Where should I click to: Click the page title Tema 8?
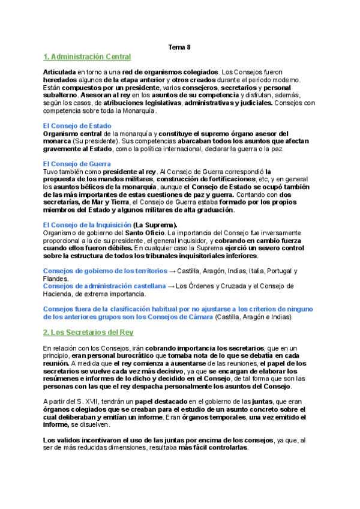click(179, 46)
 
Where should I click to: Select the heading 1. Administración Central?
click(87, 57)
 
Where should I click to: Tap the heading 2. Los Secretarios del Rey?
click(88, 332)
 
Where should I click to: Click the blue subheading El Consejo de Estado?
click(77, 125)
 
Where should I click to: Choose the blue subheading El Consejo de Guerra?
click(77, 164)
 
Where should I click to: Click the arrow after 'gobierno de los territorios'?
click(172, 271)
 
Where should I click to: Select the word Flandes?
click(56, 279)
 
